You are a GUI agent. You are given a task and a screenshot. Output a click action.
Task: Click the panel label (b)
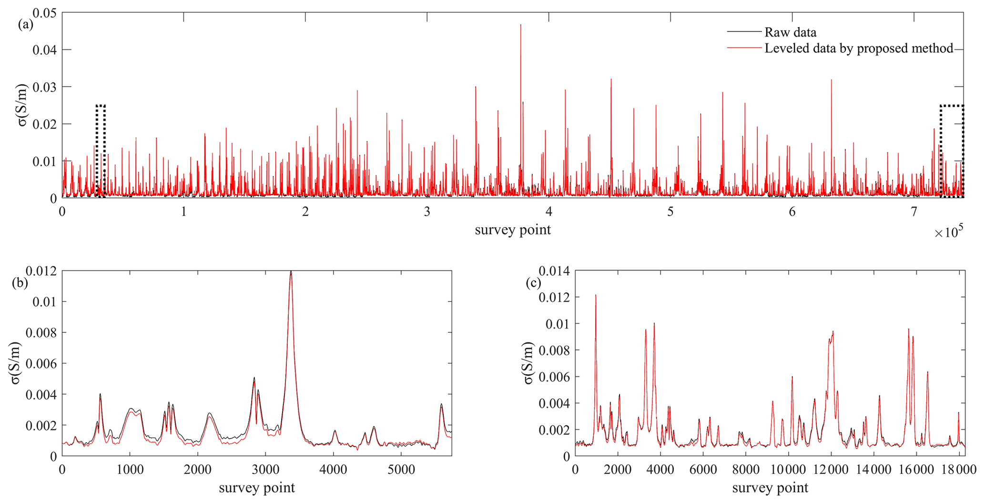pyautogui.click(x=20, y=283)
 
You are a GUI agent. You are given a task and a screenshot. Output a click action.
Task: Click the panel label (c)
pyautogui.click(x=533, y=283)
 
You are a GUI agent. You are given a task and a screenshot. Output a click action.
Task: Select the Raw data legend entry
pyautogui.click(x=790, y=32)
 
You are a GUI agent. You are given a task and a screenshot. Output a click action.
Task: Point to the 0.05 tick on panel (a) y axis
pyautogui.click(x=44, y=13)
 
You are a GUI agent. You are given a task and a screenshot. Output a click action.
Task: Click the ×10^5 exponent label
pyautogui.click(x=949, y=232)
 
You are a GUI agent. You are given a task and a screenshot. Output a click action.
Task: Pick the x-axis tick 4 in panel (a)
pyautogui.click(x=549, y=212)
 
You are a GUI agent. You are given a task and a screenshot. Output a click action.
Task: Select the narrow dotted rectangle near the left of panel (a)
pyautogui.click(x=100, y=151)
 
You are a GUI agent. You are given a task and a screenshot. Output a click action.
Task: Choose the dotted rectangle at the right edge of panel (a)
pyautogui.click(x=952, y=151)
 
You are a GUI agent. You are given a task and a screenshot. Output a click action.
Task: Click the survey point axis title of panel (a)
pyautogui.click(x=513, y=230)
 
